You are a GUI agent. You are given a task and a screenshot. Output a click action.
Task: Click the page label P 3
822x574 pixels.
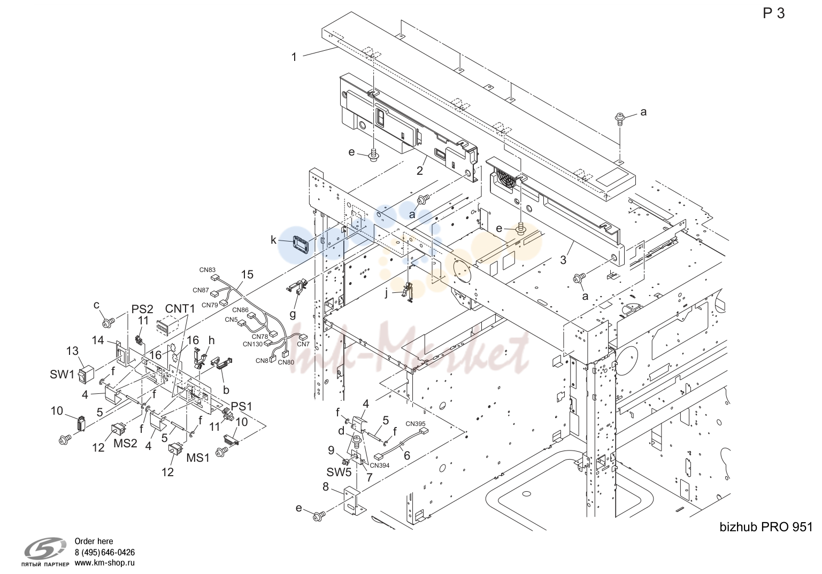(x=773, y=13)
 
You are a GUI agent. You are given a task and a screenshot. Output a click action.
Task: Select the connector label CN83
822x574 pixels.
(x=208, y=270)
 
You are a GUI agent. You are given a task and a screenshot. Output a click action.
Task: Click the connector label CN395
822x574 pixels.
(x=415, y=424)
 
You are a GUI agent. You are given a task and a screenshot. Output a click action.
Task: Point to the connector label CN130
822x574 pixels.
(x=253, y=344)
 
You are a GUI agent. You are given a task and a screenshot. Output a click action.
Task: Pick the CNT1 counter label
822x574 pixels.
(x=180, y=309)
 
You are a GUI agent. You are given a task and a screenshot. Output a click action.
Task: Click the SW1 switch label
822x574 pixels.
(x=62, y=375)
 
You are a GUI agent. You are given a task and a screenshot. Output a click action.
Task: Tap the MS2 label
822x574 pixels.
(x=125, y=443)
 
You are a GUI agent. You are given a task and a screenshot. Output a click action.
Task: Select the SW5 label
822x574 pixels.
(x=339, y=472)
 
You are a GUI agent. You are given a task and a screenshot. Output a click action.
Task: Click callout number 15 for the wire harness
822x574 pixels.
(x=247, y=274)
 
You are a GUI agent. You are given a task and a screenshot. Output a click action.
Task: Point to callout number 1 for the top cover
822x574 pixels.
(x=294, y=57)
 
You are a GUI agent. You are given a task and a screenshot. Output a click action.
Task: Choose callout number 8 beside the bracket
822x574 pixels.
(x=326, y=487)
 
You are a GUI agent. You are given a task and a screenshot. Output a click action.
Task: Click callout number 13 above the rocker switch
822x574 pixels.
(x=72, y=351)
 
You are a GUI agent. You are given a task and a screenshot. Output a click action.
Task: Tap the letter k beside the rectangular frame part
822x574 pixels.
(x=273, y=240)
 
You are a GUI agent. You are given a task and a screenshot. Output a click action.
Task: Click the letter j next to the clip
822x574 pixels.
(x=386, y=294)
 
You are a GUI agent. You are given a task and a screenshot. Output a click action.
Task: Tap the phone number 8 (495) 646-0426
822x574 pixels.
(x=105, y=553)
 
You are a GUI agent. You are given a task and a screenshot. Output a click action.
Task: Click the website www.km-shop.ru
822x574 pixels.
(x=105, y=563)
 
